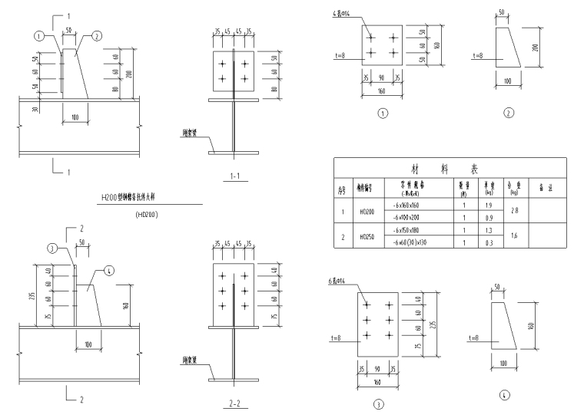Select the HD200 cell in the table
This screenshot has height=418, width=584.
click(x=366, y=211)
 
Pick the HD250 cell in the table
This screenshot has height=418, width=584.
click(x=366, y=237)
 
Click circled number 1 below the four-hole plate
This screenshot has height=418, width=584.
click(x=383, y=114)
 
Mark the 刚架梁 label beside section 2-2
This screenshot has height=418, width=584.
click(x=191, y=360)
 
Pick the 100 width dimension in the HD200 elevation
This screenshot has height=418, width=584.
click(x=75, y=117)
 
